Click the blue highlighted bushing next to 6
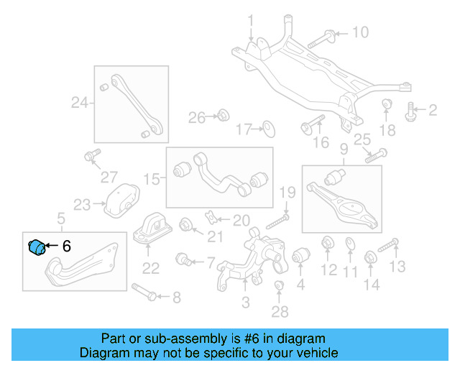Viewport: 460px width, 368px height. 37,246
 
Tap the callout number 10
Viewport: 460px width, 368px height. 359,32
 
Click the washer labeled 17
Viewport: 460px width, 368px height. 267,129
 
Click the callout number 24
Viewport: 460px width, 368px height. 79,103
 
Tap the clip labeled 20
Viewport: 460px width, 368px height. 210,217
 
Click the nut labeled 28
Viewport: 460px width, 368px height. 280,288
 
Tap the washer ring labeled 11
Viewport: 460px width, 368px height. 350,244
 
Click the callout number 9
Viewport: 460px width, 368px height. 344,149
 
